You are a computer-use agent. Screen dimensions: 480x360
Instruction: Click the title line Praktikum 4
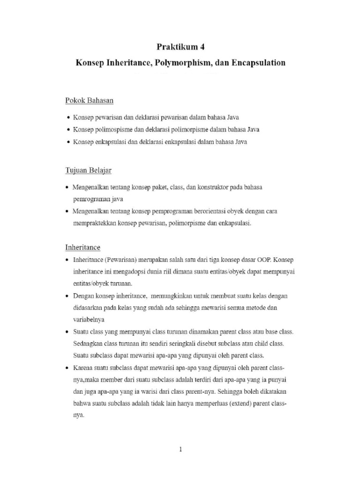pos(180,47)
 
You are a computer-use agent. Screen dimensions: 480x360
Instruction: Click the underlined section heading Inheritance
pos(82,247)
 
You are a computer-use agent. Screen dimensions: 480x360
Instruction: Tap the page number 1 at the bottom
pos(180,449)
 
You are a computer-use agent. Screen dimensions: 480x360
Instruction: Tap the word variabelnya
pos(89,320)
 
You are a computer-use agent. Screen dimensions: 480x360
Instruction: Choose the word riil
pos(168,271)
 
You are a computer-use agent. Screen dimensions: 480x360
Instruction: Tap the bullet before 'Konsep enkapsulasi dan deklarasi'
pos(69,142)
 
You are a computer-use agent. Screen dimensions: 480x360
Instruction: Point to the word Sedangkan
pos(88,344)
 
